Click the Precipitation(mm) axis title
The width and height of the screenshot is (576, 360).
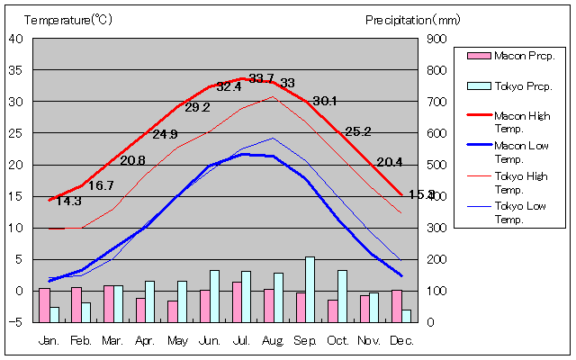413,19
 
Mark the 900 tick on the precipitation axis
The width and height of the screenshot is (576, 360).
436,38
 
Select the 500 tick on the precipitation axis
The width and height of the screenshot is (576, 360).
436,165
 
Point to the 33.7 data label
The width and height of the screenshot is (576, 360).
261,78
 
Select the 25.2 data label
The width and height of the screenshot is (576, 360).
358,131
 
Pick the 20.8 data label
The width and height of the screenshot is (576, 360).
132,160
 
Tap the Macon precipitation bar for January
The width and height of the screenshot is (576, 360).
44,305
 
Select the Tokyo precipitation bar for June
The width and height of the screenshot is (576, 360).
214,296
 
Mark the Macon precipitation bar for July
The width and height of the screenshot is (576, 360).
236,301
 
